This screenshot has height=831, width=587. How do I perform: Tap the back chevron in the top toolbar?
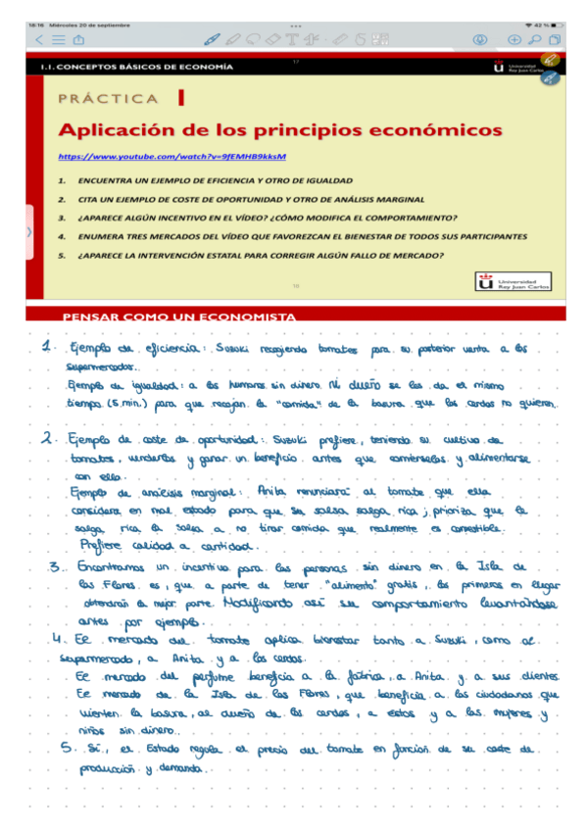coord(39,40)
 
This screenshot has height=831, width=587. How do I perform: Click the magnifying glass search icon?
coord(535,40)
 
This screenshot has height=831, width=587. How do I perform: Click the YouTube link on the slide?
coord(171,156)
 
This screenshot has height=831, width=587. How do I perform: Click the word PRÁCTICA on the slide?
coord(108,99)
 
